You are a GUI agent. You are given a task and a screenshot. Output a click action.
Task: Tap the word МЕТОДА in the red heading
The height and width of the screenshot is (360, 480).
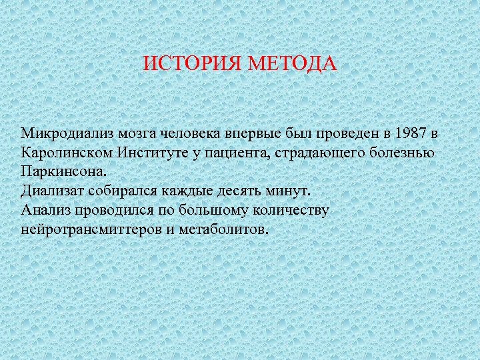[x=293, y=65]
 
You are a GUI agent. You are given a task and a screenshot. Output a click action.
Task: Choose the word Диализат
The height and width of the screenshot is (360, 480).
[x=51, y=191]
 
